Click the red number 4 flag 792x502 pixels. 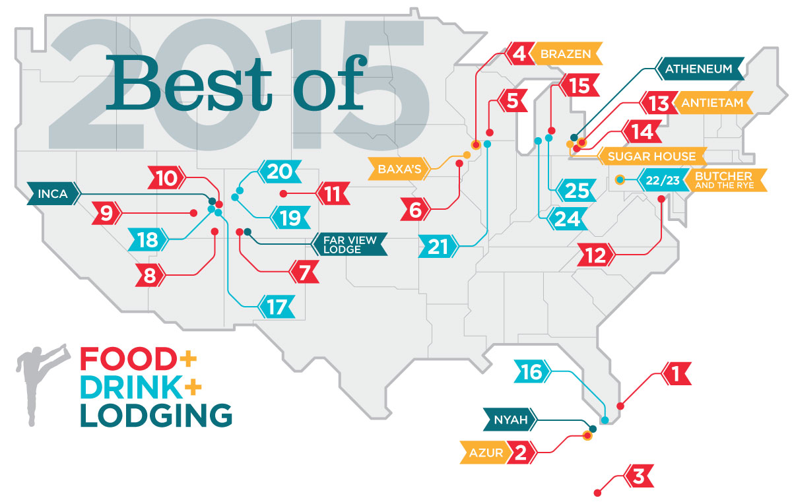(x=521, y=53)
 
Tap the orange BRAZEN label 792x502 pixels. (x=566, y=53)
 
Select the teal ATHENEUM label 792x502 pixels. (x=700, y=68)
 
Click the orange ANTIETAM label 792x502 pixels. (x=709, y=103)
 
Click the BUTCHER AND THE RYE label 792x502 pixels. (x=726, y=180)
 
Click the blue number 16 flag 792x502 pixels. (x=532, y=373)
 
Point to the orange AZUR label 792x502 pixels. (x=487, y=453)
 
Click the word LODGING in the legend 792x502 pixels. (x=156, y=416)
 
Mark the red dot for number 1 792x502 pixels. (x=619, y=406)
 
